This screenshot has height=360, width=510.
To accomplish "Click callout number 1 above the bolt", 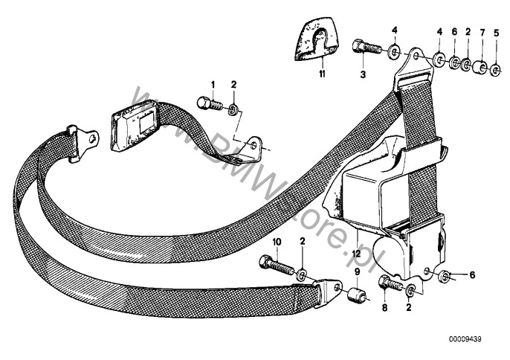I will pyautogui.click(x=213, y=84).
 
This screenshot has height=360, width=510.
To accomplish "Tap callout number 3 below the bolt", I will pyautogui.click(x=363, y=74).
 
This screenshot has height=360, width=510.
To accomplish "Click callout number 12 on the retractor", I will pyautogui.click(x=357, y=254).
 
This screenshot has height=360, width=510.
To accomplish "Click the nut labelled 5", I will pyautogui.click(x=496, y=72).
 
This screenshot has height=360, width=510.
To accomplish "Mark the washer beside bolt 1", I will pyautogui.click(x=234, y=110).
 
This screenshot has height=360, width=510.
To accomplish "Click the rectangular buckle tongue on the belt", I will pyautogui.click(x=134, y=124).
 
